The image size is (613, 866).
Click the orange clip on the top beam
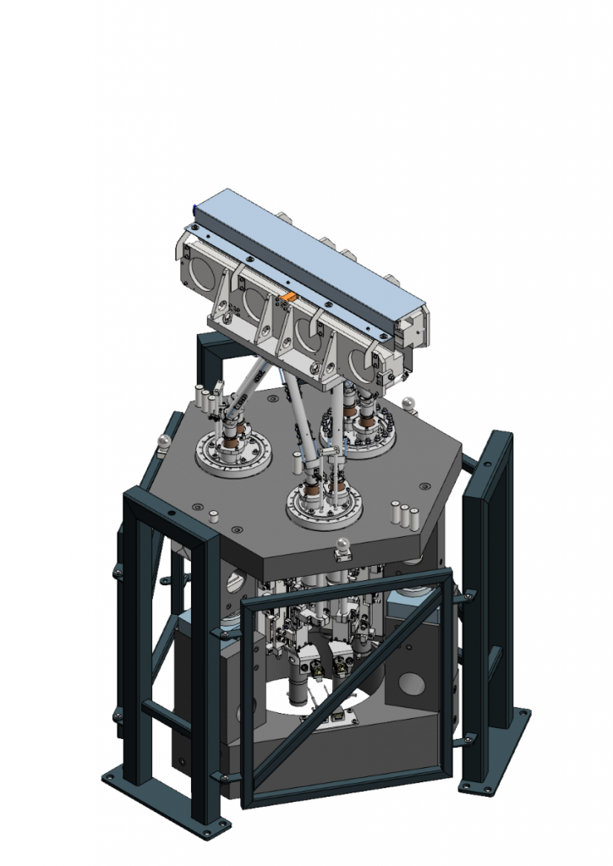pos(288,297)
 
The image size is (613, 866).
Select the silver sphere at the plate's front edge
pos(343,545)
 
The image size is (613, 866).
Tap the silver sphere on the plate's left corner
pos(161,441)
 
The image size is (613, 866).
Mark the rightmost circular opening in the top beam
pos(365,362)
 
